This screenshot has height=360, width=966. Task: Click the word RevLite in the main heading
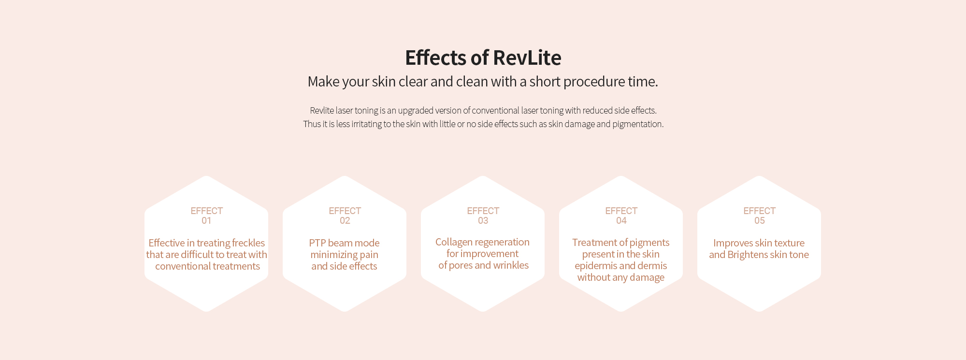(x=527, y=58)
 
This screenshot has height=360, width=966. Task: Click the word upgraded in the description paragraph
(x=416, y=111)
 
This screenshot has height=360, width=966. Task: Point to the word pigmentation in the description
(x=638, y=125)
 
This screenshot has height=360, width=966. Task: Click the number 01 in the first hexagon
(x=206, y=221)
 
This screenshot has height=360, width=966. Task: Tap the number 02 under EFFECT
(x=345, y=221)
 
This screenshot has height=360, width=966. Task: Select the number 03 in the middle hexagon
(x=483, y=221)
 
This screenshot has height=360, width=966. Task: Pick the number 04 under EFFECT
(x=621, y=221)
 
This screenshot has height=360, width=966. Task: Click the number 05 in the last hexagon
(x=759, y=221)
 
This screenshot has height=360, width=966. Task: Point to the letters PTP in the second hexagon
(x=317, y=243)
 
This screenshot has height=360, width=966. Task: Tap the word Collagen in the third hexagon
(x=454, y=243)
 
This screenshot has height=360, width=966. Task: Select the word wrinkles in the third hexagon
(x=511, y=265)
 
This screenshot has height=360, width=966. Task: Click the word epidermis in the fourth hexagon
(x=596, y=266)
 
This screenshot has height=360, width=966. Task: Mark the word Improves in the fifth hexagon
(x=733, y=244)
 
